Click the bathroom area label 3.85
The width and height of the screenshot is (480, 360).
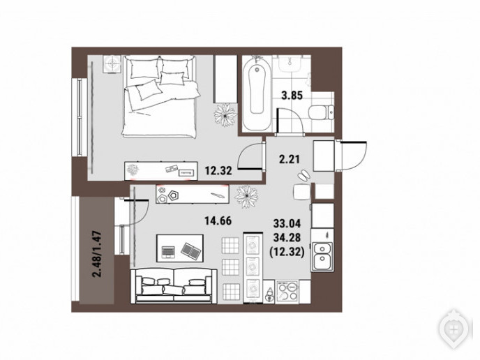point(292,96)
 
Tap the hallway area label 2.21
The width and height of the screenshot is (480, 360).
point(289,159)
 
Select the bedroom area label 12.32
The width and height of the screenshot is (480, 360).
point(218,170)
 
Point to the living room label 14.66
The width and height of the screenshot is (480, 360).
point(218,220)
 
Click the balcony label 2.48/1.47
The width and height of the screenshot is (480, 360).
point(98,255)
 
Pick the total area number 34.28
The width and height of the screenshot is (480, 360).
point(287,237)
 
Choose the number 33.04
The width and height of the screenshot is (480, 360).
point(287,224)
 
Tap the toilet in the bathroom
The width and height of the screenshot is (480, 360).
point(321,112)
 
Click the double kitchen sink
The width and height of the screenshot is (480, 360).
point(322,256)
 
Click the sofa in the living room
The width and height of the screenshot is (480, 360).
point(174,286)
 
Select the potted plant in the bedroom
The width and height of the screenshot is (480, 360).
point(225,115)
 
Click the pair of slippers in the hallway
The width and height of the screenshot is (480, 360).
point(303,175)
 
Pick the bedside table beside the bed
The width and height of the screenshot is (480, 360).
point(112,64)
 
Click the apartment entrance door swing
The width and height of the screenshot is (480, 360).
point(351,156)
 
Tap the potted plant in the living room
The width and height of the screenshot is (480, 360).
point(246,197)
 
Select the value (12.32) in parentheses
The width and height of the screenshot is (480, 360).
point(287,252)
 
